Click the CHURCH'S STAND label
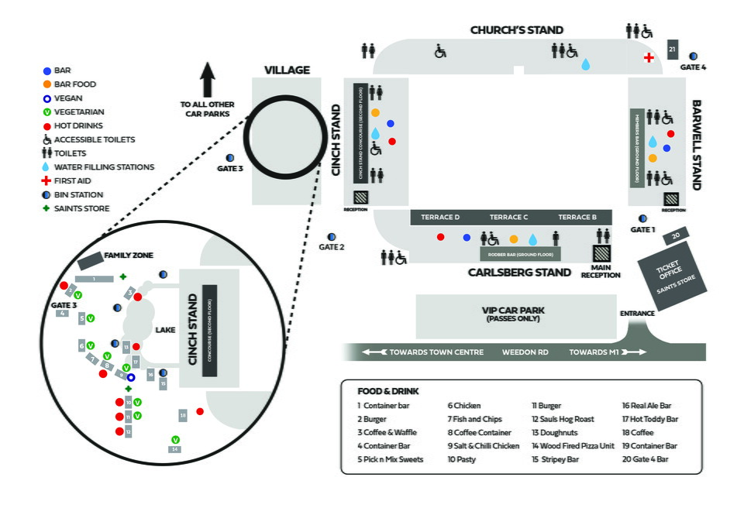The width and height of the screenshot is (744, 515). click(517, 30)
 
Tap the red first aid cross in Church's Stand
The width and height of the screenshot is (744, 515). click(649, 58)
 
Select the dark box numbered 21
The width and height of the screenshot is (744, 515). click(672, 50)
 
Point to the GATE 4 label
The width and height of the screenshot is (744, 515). click(693, 67)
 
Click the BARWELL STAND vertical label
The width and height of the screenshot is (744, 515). click(696, 145)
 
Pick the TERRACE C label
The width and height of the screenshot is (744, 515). click(508, 218)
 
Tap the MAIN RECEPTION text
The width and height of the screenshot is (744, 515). click(601, 270)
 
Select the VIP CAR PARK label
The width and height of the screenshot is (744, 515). click(512, 314)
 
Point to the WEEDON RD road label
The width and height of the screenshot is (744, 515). click(525, 352)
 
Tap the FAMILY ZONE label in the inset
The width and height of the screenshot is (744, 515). click(129, 255)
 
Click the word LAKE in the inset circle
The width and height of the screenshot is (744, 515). click(165, 330)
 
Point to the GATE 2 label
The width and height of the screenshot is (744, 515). click(332, 247)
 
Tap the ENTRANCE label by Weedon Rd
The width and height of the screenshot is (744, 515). click(638, 314)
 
